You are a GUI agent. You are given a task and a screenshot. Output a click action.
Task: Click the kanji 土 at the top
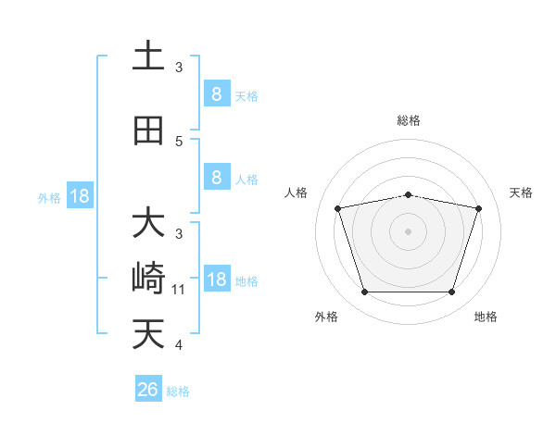click(148, 56)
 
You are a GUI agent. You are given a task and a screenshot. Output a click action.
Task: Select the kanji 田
click(148, 130)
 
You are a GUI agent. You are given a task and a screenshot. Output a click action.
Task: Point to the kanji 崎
click(148, 279)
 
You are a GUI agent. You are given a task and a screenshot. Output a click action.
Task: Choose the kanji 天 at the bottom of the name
click(148, 334)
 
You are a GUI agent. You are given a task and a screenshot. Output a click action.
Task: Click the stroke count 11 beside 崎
click(180, 290)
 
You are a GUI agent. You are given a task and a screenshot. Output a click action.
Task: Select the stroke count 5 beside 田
click(180, 142)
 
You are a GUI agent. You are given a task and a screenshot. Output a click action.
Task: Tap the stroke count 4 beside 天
click(180, 345)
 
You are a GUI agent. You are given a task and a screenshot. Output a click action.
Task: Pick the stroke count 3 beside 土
click(180, 67)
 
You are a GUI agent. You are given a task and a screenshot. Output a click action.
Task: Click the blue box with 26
click(148, 390)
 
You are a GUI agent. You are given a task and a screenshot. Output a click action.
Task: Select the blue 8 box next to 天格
click(216, 93)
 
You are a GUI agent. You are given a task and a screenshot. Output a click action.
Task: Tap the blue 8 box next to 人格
click(216, 178)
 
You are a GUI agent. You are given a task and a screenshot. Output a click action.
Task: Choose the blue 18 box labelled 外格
click(79, 196)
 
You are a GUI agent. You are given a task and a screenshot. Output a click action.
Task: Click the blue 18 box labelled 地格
click(216, 280)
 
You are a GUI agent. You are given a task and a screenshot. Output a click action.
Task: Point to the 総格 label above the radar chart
click(409, 120)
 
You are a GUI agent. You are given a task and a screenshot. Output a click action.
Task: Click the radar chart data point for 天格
click(479, 208)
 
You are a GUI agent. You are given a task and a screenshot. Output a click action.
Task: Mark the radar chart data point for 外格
click(364, 292)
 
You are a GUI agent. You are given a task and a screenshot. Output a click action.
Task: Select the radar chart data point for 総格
click(409, 194)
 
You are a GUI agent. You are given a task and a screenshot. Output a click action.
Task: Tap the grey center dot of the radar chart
click(409, 231)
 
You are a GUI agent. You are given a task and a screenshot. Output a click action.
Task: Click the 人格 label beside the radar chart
click(296, 193)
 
